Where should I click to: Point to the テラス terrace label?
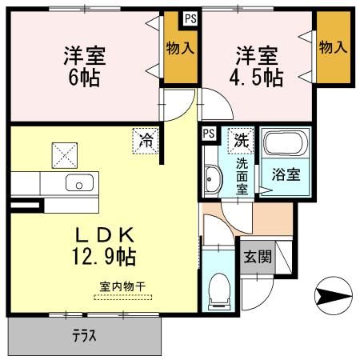(x=83, y=337)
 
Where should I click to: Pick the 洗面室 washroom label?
(x=241, y=175)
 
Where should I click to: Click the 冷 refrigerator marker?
(x=146, y=139)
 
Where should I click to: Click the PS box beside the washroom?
(x=208, y=134)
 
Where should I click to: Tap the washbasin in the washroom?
(x=211, y=180)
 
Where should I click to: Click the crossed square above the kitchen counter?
(x=64, y=152)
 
